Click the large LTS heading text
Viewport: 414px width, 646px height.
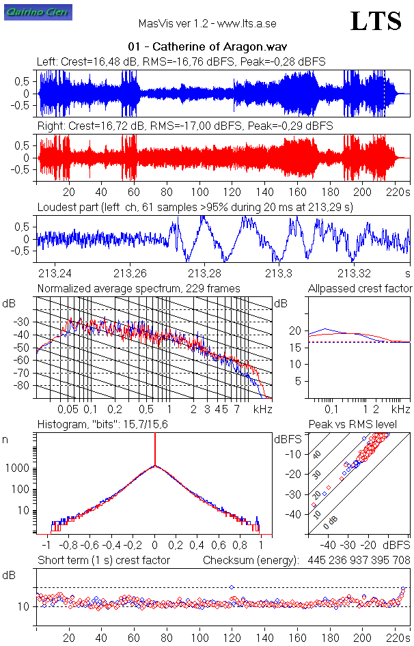tap(375, 22)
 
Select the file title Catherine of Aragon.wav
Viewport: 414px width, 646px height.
tap(206, 47)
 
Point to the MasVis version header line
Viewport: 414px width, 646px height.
tap(206, 23)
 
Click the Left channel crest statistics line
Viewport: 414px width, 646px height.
tap(180, 61)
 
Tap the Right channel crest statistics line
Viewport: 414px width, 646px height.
tap(184, 126)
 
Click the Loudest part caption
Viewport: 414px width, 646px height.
tap(195, 206)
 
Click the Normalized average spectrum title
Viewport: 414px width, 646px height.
tap(139, 289)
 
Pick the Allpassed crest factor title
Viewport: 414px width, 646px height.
tap(360, 289)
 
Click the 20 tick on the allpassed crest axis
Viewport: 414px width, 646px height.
tap(295, 331)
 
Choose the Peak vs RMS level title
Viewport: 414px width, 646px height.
tap(352, 425)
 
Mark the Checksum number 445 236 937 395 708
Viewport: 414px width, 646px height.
tap(357, 561)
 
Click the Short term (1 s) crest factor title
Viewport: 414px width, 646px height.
tap(103, 561)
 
